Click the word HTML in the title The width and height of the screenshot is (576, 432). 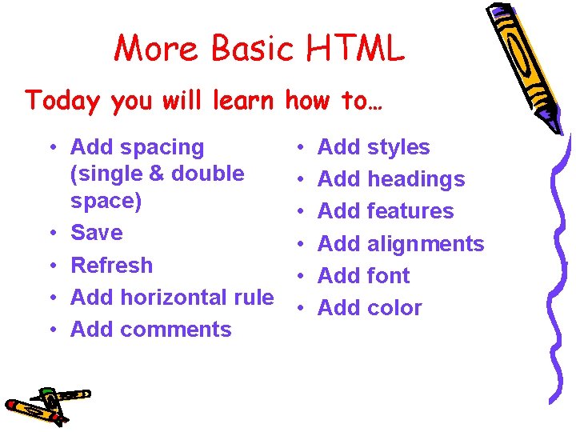coord(355,49)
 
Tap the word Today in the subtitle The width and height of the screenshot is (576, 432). coord(63,101)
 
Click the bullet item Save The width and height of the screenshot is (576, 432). coord(96,233)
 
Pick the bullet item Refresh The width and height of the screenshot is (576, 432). coord(111,265)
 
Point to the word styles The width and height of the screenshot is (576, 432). coord(398,147)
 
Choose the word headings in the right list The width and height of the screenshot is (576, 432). coord(415,180)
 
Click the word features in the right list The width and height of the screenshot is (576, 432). coord(410,211)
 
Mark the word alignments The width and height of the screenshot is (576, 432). coord(426,243)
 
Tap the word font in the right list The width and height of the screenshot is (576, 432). coord(388,275)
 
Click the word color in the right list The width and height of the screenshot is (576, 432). coord(394,307)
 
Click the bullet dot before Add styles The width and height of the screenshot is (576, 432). coord(298,148)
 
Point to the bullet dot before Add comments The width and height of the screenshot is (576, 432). coord(50,330)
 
